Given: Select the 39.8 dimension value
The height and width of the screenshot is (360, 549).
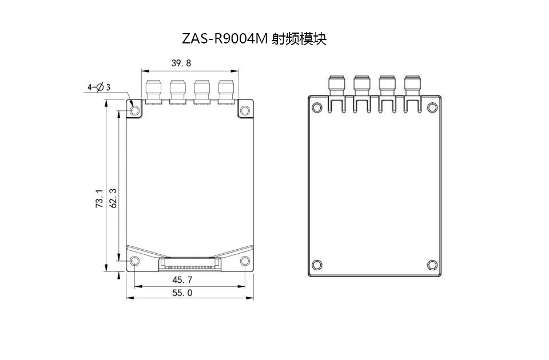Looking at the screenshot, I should [181, 63].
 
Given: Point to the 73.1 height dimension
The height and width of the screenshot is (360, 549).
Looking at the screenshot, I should [99, 198].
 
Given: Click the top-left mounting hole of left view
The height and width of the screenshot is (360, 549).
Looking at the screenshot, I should [135, 109].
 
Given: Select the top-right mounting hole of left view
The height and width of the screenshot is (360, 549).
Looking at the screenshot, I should [245, 109].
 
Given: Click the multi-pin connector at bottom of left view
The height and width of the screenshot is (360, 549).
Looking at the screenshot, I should [189, 265].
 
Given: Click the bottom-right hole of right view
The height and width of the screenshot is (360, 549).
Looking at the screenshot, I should [432, 265].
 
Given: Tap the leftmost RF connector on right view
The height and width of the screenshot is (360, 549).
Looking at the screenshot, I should [336, 85].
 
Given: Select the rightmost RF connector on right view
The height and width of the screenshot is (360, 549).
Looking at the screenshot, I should [412, 85].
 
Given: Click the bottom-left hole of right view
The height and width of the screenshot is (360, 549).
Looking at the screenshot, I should [317, 265].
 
